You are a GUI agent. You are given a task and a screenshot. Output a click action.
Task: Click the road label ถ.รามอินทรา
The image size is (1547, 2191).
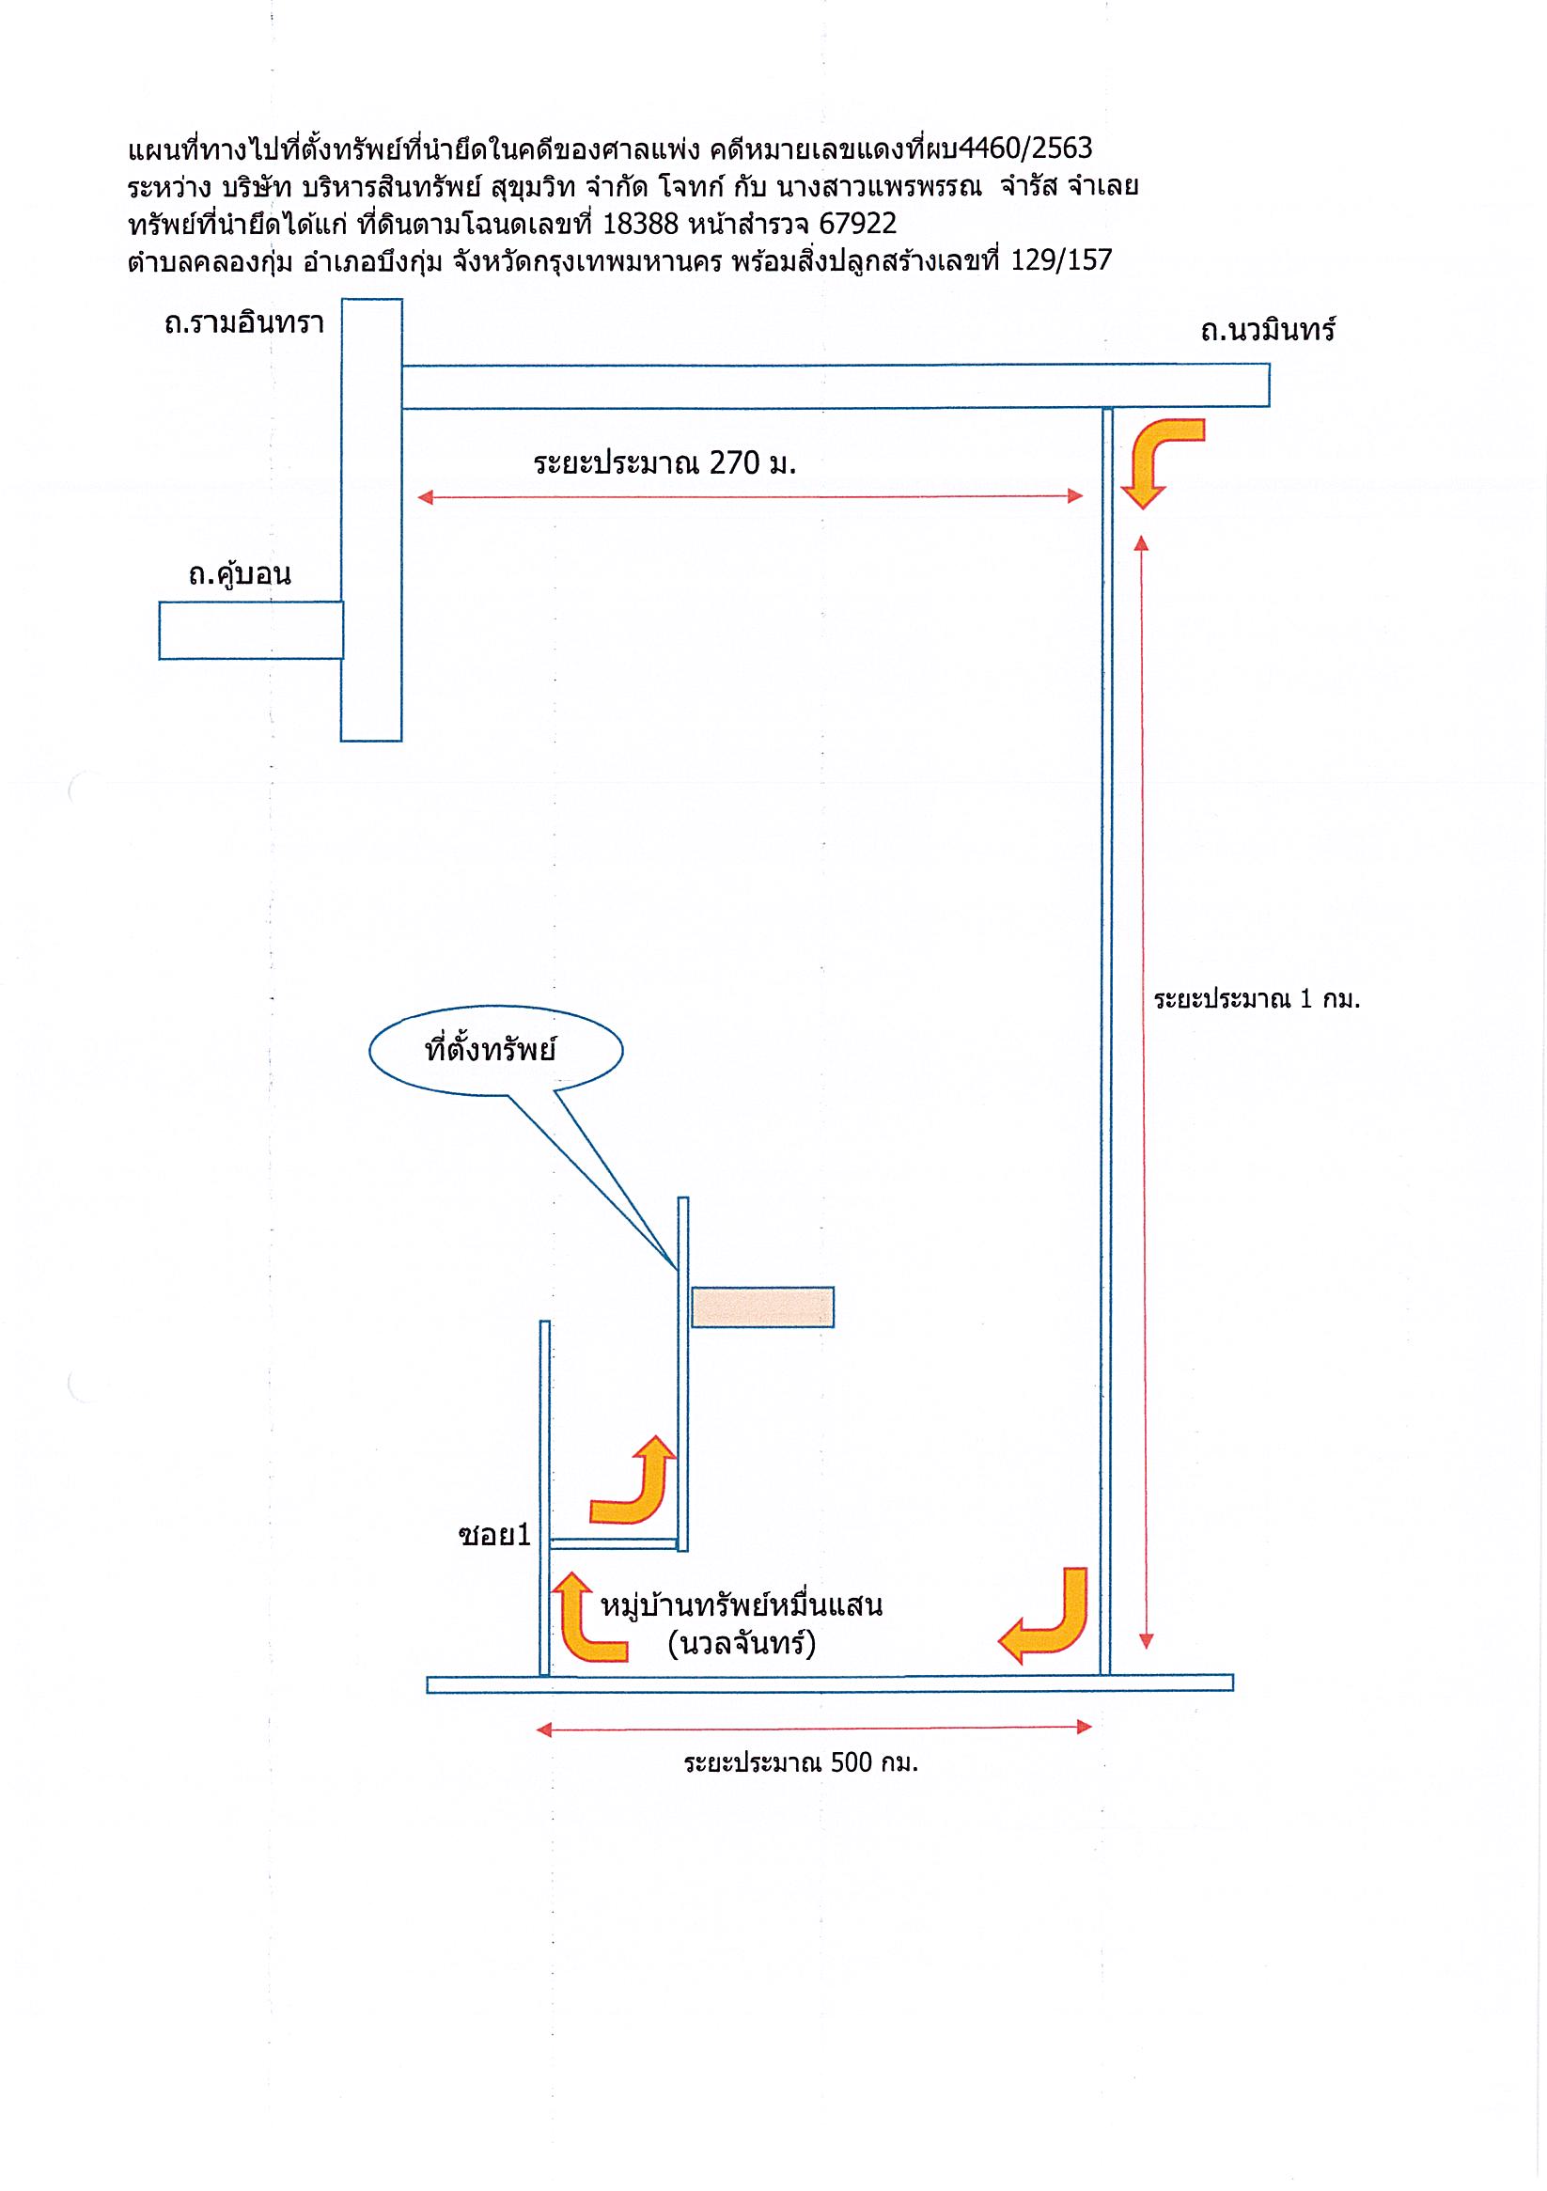click(x=244, y=323)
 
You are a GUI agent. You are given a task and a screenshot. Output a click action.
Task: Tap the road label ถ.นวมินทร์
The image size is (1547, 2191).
click(x=1268, y=330)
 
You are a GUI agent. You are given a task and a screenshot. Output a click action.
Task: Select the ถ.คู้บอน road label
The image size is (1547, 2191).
click(x=240, y=575)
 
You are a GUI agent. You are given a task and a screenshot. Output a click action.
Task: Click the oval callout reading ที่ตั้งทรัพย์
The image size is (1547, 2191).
click(x=495, y=1051)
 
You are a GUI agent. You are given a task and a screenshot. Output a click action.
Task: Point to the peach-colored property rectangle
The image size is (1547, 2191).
click(x=762, y=1307)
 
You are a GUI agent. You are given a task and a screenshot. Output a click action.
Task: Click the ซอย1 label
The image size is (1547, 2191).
click(x=494, y=1536)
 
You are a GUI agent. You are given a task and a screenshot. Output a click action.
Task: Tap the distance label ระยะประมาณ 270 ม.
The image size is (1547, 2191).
click(x=664, y=463)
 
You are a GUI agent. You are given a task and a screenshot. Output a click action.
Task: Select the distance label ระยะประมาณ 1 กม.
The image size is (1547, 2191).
click(x=1256, y=999)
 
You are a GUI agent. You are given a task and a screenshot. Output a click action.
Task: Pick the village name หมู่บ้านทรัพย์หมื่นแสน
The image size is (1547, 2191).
click(x=742, y=1606)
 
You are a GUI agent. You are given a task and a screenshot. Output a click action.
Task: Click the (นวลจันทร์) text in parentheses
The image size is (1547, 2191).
click(x=742, y=1644)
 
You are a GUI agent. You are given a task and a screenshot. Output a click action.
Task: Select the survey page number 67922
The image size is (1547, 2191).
click(x=858, y=225)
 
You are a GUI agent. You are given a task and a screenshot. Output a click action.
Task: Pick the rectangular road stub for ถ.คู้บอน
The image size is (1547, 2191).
click(x=251, y=630)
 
